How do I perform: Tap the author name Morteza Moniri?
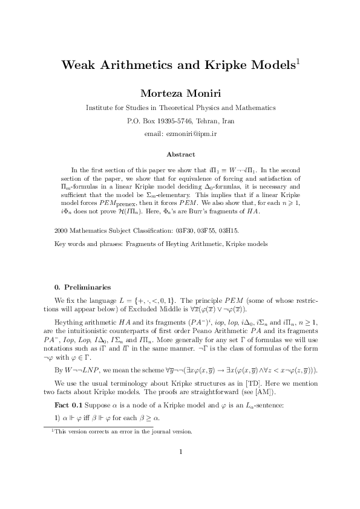(180, 93)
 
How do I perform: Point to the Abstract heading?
(180, 155)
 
